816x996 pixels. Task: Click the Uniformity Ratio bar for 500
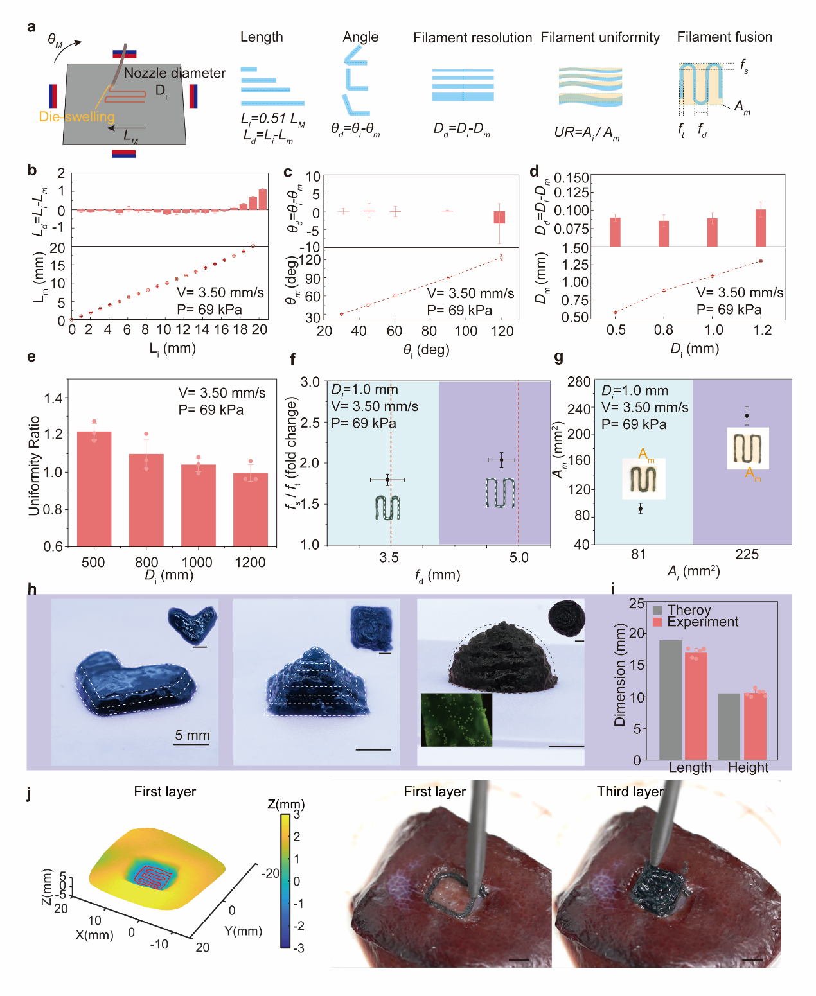click(x=94, y=488)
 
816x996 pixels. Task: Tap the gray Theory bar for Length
click(x=670, y=700)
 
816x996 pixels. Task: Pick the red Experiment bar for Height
click(x=755, y=726)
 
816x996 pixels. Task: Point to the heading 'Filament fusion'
click(x=724, y=37)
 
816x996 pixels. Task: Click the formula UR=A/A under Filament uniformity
click(x=586, y=133)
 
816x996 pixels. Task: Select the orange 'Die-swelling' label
click(x=76, y=117)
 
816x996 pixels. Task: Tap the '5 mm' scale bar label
click(x=192, y=735)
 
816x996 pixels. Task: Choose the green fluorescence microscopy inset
click(x=456, y=719)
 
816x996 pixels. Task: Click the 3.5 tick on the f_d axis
click(x=389, y=557)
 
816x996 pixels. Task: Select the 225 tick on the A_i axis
click(x=747, y=554)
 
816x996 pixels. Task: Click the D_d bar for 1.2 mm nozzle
click(x=761, y=228)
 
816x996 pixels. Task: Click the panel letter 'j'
click(x=30, y=794)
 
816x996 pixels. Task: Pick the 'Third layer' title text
click(x=629, y=792)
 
